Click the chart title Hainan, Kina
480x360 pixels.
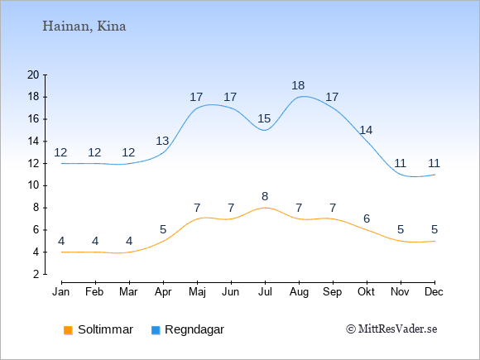(x=84, y=26)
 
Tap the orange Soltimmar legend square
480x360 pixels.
(x=68, y=330)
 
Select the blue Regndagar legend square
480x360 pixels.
(x=156, y=330)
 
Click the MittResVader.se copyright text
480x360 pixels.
(x=391, y=329)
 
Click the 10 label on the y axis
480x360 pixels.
(x=33, y=185)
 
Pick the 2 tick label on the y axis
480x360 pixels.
(x=36, y=274)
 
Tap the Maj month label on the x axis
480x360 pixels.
(x=197, y=292)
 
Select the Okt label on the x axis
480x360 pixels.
(x=366, y=292)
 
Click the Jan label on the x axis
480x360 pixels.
(x=61, y=292)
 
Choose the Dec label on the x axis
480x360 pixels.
(x=434, y=292)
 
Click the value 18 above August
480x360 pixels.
(x=298, y=85)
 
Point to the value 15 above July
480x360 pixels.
(x=264, y=118)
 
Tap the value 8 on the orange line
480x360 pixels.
(x=265, y=196)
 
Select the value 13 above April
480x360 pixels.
(x=162, y=142)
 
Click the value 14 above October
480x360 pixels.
(x=366, y=131)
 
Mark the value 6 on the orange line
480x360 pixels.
(x=367, y=218)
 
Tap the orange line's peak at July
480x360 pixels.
(x=265, y=208)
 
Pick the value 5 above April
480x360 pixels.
(x=163, y=229)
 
